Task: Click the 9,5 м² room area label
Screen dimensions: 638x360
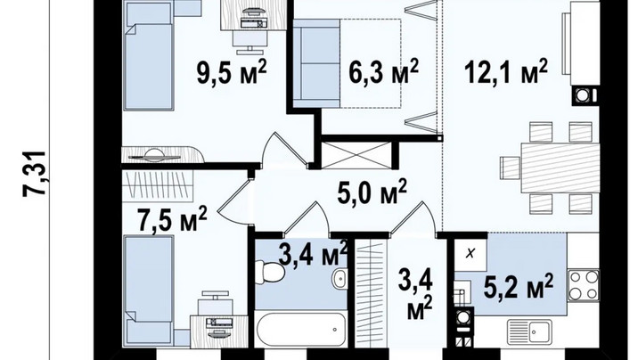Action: (232, 73)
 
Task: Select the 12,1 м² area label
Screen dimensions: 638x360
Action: (506, 72)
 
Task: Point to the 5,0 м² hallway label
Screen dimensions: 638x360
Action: (372, 192)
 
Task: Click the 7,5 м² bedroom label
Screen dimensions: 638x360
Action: (173, 219)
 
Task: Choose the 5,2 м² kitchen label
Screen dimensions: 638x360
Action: (518, 286)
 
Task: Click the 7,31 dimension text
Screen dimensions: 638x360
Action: (35, 175)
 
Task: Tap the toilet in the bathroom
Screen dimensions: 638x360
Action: (271, 272)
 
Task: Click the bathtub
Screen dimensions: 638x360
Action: (301, 330)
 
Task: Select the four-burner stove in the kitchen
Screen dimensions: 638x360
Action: (583, 285)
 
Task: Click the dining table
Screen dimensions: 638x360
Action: (560, 168)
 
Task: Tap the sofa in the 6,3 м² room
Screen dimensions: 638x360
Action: (317, 63)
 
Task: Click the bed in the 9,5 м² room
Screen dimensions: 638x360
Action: (149, 56)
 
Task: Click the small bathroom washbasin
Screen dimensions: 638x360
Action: (339, 278)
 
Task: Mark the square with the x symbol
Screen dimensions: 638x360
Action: (470, 254)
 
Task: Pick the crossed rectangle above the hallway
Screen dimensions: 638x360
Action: (356, 155)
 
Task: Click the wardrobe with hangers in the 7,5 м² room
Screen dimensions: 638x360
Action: (158, 185)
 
